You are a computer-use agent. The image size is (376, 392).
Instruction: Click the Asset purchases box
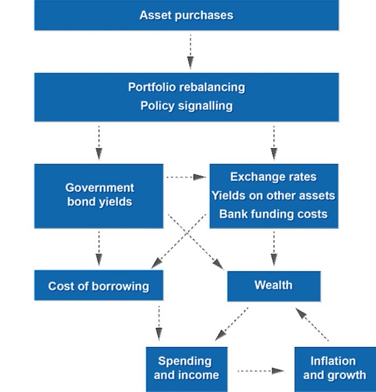pyautogui.click(x=186, y=15)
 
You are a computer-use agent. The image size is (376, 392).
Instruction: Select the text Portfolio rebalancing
pyautogui.click(x=186, y=87)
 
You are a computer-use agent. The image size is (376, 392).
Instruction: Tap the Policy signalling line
pyautogui.click(x=186, y=106)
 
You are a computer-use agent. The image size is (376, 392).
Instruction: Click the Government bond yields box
pyautogui.click(x=99, y=195)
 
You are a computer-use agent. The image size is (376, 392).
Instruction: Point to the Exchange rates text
pyautogui.click(x=273, y=177)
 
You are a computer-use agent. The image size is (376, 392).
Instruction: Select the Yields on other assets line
pyautogui.click(x=273, y=195)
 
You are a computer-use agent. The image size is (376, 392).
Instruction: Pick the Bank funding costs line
pyautogui.click(x=273, y=214)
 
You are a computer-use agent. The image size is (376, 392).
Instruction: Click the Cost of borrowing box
pyautogui.click(x=99, y=286)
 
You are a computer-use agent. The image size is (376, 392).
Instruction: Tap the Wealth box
pyautogui.click(x=273, y=285)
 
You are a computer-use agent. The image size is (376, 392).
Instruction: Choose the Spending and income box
pyautogui.click(x=186, y=368)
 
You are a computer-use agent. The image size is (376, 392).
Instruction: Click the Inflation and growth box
pyautogui.click(x=333, y=368)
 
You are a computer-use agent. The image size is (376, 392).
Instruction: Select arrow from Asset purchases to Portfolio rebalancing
pyautogui.click(x=190, y=52)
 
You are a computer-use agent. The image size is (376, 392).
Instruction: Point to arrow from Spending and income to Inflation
pyautogui.click(x=261, y=370)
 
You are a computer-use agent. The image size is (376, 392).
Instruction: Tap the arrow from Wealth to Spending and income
pyautogui.click(x=232, y=324)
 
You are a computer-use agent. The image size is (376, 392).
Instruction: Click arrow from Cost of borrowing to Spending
pyautogui.click(x=159, y=323)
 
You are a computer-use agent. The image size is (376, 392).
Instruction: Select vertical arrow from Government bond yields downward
pyautogui.click(x=99, y=249)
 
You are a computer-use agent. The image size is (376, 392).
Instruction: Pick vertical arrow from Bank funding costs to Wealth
pyautogui.click(x=274, y=249)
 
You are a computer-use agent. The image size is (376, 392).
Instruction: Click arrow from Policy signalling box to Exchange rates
pyautogui.click(x=274, y=142)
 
